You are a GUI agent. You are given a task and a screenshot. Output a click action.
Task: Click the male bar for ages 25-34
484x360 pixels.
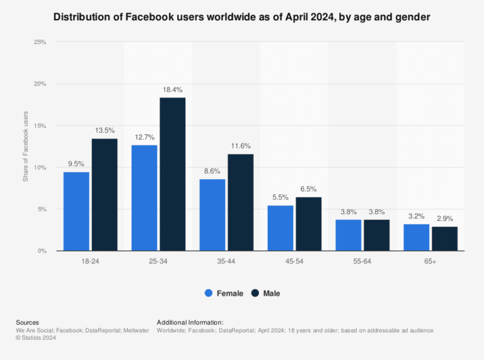tap(172, 174)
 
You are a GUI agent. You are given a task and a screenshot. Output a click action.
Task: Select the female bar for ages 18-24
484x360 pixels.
tap(76, 211)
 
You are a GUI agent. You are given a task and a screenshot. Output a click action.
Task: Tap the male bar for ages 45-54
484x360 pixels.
tap(308, 224)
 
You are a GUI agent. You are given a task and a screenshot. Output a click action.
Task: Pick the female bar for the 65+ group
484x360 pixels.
tap(416, 237)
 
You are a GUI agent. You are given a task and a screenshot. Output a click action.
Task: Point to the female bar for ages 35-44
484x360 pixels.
tap(212, 215)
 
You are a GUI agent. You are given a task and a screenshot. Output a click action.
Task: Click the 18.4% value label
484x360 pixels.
tap(172, 90)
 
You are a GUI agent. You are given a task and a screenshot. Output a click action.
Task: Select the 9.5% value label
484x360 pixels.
tap(76, 164)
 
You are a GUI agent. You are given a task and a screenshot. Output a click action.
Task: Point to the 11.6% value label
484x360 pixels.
tap(240, 146)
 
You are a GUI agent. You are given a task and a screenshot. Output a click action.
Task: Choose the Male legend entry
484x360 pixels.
tap(265, 293)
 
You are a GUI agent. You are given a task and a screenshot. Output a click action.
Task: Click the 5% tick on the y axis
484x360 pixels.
tap(42, 209)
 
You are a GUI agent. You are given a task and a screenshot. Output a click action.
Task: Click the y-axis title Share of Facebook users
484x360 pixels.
tap(26, 146)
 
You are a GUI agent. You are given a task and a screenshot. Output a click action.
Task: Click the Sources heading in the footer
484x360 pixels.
tap(27, 322)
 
